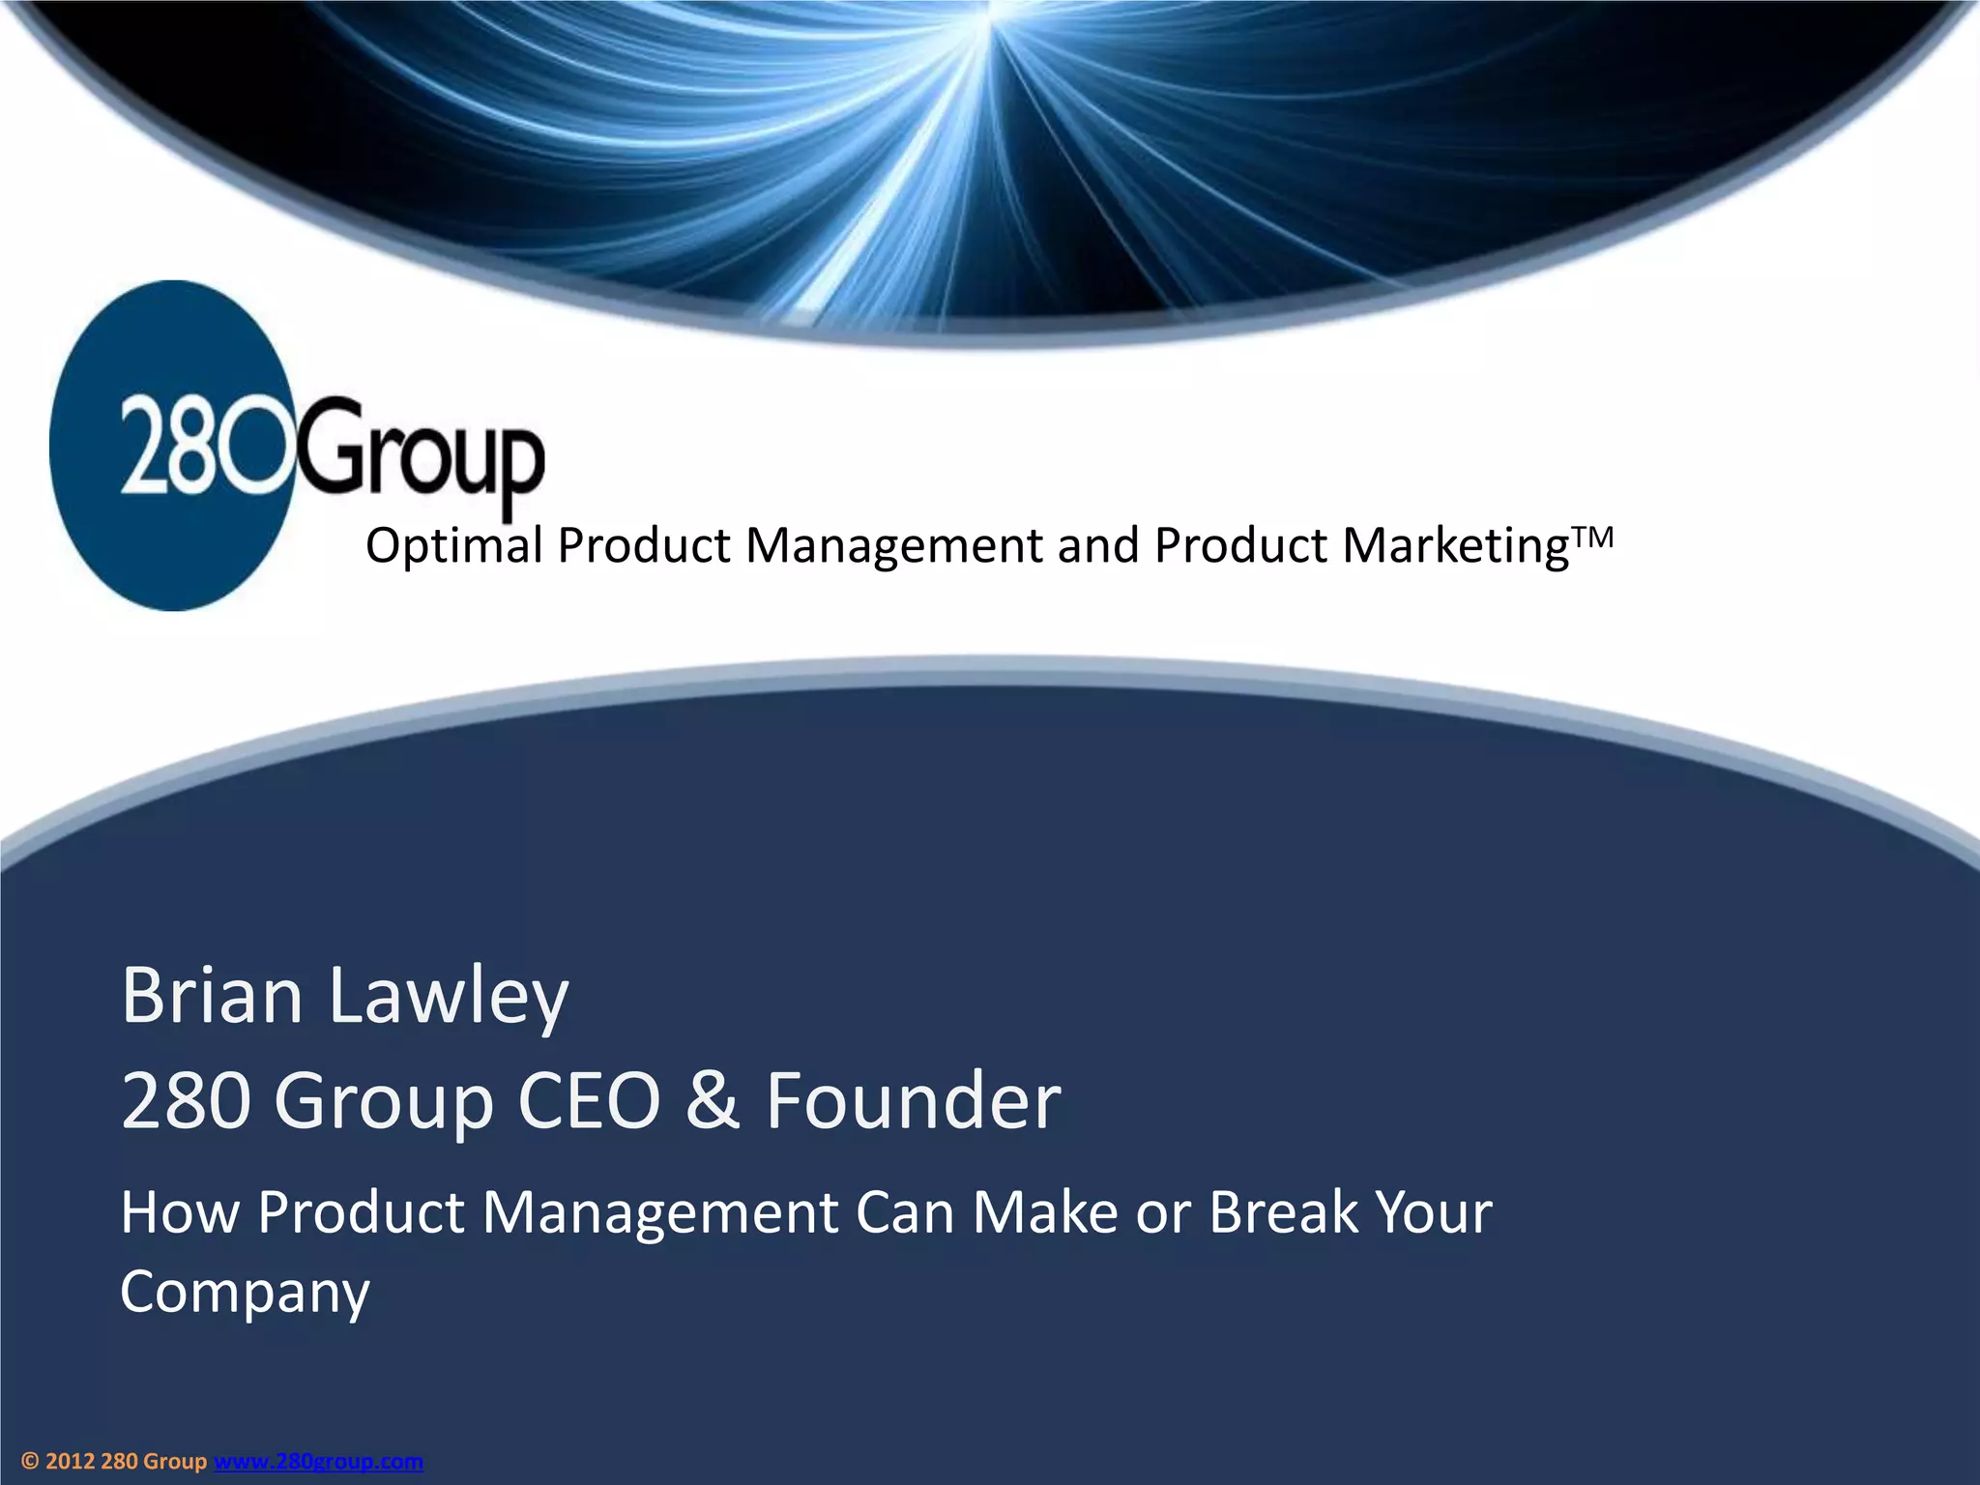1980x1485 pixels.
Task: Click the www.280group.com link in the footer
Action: pos(318,1461)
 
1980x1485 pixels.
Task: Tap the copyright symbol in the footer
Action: pos(30,1461)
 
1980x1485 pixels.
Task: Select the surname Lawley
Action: pos(449,996)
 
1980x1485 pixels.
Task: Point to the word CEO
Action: pos(589,1100)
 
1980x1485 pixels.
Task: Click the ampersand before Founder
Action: pos(713,1100)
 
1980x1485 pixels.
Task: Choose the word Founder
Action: pos(914,1100)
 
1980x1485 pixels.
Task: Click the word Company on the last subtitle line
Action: pos(246,1292)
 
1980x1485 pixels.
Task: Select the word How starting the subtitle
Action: pos(180,1211)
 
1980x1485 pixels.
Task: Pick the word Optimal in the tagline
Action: pos(453,545)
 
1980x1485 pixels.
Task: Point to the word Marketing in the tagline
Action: pos(1456,545)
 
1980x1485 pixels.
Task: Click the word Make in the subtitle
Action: pos(1045,1211)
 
